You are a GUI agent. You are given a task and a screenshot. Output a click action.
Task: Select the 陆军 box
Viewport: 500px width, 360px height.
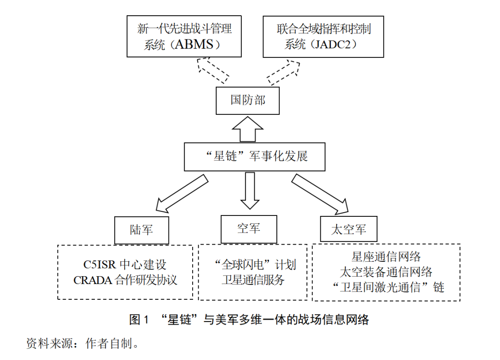(x=141, y=230)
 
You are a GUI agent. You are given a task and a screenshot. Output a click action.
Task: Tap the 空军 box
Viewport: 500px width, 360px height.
(x=249, y=228)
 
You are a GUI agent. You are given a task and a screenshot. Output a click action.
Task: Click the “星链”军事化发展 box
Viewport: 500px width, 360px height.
(x=254, y=157)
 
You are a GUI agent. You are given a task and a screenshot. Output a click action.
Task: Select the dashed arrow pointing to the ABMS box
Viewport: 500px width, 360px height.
(x=212, y=70)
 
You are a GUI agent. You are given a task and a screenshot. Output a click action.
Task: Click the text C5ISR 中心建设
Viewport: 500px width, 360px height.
(x=125, y=265)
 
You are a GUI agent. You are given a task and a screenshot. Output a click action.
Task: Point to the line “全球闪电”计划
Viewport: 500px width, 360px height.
(x=253, y=265)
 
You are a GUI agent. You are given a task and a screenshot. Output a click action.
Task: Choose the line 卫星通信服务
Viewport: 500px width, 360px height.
(x=253, y=280)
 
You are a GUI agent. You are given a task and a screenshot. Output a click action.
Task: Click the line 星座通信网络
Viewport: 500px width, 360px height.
(x=386, y=257)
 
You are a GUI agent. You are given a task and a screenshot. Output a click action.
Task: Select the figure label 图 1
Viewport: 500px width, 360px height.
(x=139, y=319)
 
